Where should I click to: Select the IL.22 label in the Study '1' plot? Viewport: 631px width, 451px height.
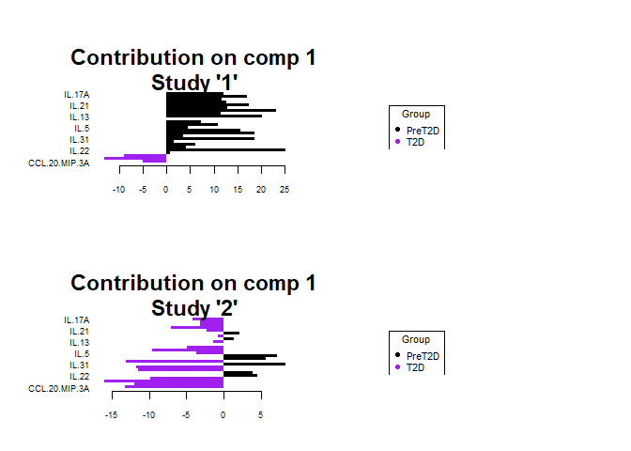pos(79,151)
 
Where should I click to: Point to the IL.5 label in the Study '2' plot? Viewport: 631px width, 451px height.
pos(82,354)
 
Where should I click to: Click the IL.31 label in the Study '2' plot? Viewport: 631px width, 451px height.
pos(79,365)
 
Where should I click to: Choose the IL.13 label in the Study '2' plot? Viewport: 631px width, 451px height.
pos(79,343)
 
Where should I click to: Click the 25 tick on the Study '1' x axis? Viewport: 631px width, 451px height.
pos(285,189)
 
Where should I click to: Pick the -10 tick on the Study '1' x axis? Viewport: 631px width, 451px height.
pos(118,189)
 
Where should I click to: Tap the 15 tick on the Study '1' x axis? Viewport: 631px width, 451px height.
pos(238,189)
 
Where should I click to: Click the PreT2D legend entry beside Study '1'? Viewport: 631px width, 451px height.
pos(423,131)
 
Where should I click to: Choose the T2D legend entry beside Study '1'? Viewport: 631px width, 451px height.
pos(415,142)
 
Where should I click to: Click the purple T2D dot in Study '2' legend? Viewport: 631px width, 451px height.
pos(397,367)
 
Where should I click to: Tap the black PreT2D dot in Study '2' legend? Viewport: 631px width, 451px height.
pos(397,356)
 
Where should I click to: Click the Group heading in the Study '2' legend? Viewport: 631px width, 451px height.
pos(416,339)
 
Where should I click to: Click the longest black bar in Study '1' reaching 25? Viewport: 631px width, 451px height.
pos(225,149)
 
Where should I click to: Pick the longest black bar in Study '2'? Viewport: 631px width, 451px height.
pos(254,364)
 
